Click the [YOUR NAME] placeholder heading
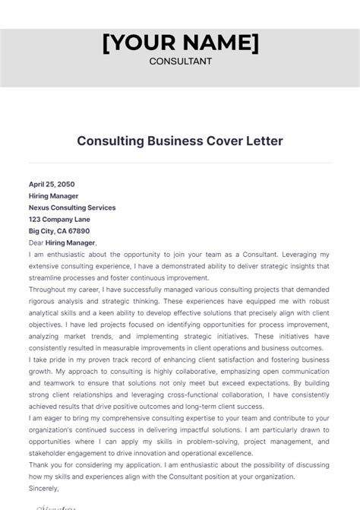[180, 43]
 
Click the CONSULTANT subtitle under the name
[180, 62]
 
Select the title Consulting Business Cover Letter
[180, 141]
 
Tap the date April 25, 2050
[52, 184]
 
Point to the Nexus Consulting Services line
[72, 207]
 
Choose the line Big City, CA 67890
[59, 230]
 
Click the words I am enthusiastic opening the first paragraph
[57, 255]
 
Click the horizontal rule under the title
[180, 162]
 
